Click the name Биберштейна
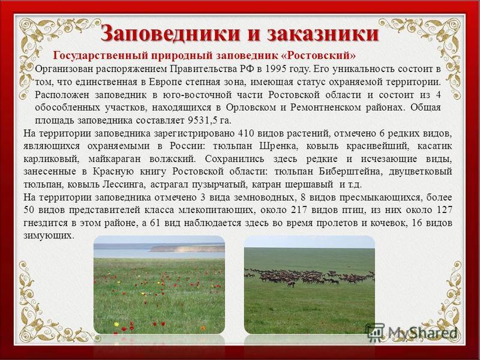pyautogui.click(x=351, y=172)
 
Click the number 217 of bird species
pyautogui.click(x=300, y=211)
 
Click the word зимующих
pyautogui.click(x=49, y=236)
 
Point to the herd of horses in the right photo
pyautogui.click(x=309, y=277)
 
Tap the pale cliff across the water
pyautogui.click(x=187, y=248)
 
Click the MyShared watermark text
pyautogui.click(x=422, y=332)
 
